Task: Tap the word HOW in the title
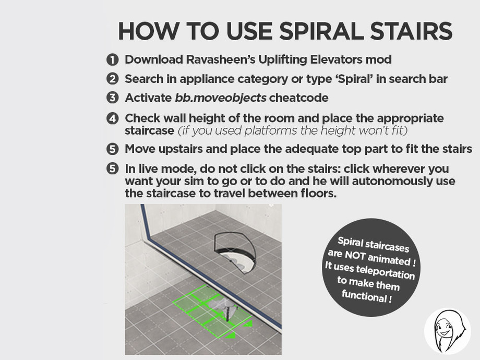149,31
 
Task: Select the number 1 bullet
112,59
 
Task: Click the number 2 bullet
112,79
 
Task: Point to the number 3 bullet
112,98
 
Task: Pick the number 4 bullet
112,118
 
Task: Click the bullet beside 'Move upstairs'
112,149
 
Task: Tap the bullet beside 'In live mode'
112,169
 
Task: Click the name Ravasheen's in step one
221,59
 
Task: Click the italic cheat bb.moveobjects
221,98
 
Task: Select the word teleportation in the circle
386,272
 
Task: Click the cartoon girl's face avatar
447,331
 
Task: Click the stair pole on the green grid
227,311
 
